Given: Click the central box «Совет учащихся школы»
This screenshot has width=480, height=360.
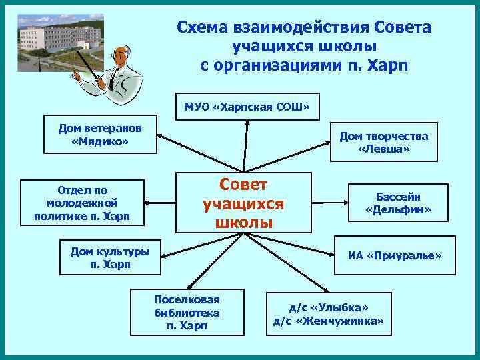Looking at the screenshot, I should [x=243, y=203].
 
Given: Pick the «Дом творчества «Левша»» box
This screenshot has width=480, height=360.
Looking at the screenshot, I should [x=383, y=143].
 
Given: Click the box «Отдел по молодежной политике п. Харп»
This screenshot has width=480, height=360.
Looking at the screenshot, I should [x=82, y=203].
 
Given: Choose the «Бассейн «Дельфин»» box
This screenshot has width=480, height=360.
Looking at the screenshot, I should [x=398, y=203].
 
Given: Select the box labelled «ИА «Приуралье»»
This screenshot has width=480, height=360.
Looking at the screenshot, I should [x=394, y=255].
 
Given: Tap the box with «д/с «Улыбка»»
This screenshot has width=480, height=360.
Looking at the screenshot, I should [x=328, y=314].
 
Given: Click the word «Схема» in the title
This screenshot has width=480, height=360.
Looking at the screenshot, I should [x=203, y=27].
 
